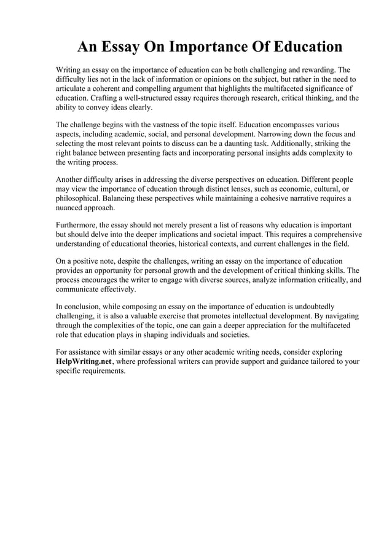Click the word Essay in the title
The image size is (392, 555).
click(133, 47)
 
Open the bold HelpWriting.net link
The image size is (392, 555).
click(84, 362)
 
